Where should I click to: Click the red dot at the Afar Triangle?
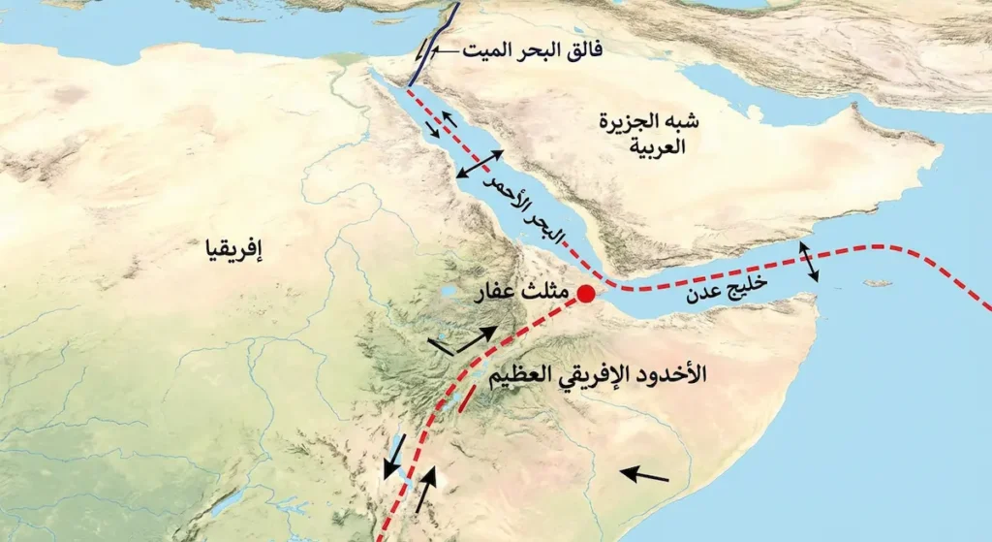pyautogui.click(x=585, y=294)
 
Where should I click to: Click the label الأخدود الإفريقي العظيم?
pyautogui.click(x=607, y=373)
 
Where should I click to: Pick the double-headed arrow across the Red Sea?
pyautogui.click(x=480, y=165)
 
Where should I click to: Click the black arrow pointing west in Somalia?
pyautogui.click(x=644, y=475)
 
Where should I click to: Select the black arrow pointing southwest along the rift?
pyautogui.click(x=393, y=456)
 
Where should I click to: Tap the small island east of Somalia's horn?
pyautogui.click(x=879, y=283)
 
